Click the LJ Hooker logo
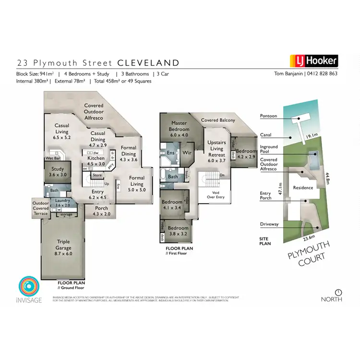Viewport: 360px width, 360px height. click(x=314, y=61)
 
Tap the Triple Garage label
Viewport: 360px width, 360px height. click(x=64, y=248)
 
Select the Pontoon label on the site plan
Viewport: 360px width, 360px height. click(x=268, y=116)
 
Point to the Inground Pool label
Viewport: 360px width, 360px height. click(x=269, y=150)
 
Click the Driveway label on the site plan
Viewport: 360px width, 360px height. click(x=269, y=224)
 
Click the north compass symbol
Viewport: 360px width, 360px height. click(x=338, y=292)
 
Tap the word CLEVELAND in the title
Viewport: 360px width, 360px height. click(x=148, y=63)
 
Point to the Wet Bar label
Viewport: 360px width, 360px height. click(x=53, y=158)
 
